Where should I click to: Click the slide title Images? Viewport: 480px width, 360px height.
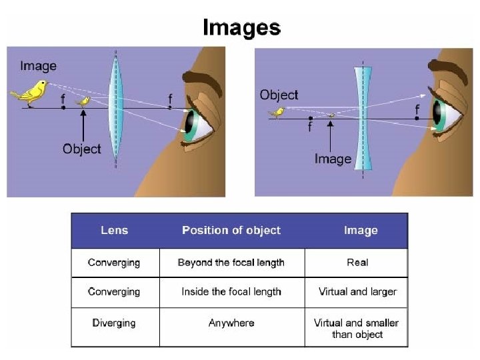coord(241,27)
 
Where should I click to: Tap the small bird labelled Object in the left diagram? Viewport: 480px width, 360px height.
coord(84,101)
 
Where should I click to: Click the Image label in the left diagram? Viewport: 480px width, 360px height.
coord(38,66)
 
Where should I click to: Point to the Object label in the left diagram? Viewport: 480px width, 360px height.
coord(81,149)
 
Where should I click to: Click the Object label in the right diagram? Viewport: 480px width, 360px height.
coord(279,95)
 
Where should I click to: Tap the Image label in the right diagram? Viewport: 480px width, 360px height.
coord(333,159)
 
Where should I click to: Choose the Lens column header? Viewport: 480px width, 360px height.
coord(115,231)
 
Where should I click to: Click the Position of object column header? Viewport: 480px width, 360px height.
coord(231,231)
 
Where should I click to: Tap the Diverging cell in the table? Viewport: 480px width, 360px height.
coord(114,323)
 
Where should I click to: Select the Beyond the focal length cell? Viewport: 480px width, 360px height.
coord(231,263)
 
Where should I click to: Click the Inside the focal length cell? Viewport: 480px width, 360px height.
coord(231,292)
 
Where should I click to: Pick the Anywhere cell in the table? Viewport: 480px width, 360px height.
coord(231,323)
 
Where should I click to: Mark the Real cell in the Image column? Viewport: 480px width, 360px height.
coord(357,263)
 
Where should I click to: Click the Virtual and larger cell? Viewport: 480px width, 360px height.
coord(357,292)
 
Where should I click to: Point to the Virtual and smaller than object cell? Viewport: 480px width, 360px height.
coord(357,328)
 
